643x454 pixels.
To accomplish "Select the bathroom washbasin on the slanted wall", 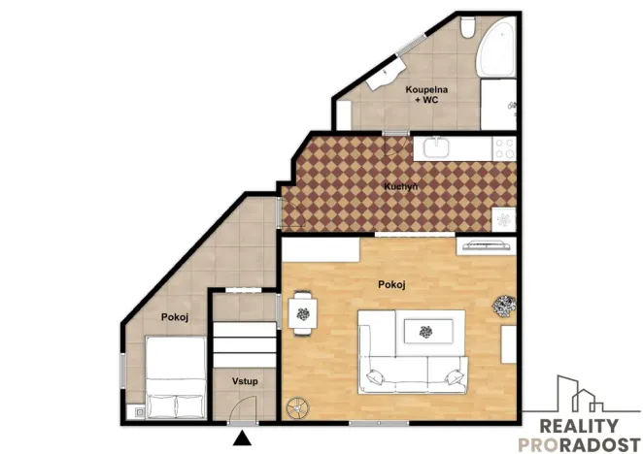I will [x=390, y=67].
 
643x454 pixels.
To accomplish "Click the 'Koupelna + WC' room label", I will [x=427, y=94].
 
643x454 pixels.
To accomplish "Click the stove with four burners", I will [x=505, y=148].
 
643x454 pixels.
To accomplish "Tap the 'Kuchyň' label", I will [x=400, y=187].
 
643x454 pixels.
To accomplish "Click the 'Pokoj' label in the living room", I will [x=391, y=284].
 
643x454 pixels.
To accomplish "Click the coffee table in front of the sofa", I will [x=424, y=331].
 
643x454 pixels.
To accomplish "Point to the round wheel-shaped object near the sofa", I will [x=298, y=406].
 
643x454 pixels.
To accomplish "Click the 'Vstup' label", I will [x=245, y=382].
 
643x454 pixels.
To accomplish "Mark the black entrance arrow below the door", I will [x=243, y=438].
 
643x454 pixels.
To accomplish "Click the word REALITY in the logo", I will [x=579, y=426].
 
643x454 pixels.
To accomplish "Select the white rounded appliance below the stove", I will [x=504, y=216].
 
